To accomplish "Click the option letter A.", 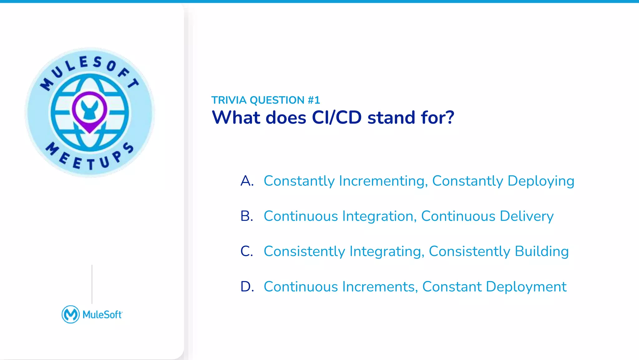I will click(247, 181).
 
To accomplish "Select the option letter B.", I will click(246, 216).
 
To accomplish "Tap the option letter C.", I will click(246, 251).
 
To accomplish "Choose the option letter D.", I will click(247, 287).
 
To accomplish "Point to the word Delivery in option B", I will click(526, 216).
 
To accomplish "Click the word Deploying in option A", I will click(541, 181).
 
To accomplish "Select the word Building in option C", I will click(542, 251).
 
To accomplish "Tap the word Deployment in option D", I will click(526, 287).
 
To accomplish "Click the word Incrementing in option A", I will click(383, 181).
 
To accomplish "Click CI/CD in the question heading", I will click(336, 118).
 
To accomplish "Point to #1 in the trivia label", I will click(314, 100).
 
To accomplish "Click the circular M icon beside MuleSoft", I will click(71, 314).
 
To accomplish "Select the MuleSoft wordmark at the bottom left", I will click(102, 315).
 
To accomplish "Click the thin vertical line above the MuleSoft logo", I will click(92, 284).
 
